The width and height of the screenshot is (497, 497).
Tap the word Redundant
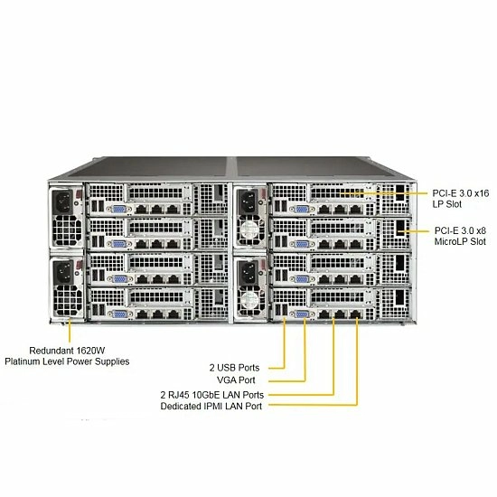[x=52, y=351]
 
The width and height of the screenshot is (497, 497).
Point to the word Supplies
[x=113, y=361]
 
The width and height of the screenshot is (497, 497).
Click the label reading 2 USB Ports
[x=234, y=368]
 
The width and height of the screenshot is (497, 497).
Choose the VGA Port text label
[x=236, y=380]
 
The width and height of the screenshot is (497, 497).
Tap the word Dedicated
[x=181, y=406]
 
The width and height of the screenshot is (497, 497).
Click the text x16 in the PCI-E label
[x=481, y=193]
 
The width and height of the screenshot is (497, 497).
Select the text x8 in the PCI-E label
[x=480, y=230]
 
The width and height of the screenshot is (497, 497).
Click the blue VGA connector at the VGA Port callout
[x=302, y=314]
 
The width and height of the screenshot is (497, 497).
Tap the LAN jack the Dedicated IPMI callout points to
[x=356, y=314]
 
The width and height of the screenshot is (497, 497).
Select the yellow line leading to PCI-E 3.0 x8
[x=414, y=231]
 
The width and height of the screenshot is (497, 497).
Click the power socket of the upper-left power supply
[x=64, y=202]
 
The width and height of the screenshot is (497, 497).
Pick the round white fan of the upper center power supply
[x=250, y=229]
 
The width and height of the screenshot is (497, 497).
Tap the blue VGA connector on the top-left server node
[x=118, y=210]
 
